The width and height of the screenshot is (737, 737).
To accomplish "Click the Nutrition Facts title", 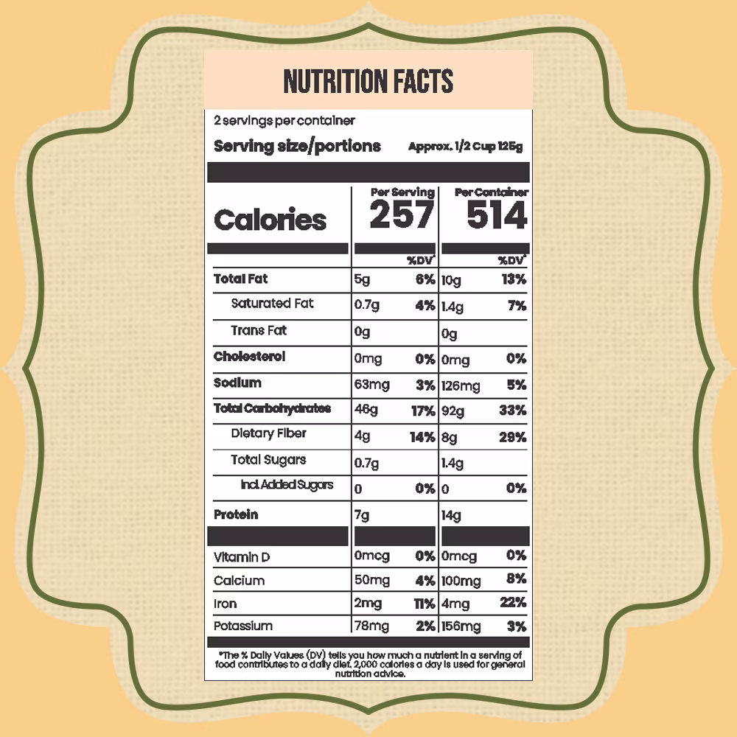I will coord(368,82).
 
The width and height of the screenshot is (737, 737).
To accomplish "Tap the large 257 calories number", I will coord(402,215).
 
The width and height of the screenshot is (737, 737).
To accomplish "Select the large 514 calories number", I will coord(497,215).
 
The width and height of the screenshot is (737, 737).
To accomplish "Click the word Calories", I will coord(270,220).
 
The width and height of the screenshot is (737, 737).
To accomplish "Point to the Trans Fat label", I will coord(259,331).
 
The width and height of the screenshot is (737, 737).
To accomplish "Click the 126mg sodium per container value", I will coord(461,385).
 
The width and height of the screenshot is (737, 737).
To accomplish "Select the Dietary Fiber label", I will coord(268,433).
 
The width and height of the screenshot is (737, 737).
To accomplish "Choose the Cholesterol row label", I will coord(249,357).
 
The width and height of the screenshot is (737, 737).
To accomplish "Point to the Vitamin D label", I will coord(242,558).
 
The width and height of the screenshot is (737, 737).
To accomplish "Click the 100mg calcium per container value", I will coord(461,581).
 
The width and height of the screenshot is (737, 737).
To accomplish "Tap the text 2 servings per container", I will coord(284,120).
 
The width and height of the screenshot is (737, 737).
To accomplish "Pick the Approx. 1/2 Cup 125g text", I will coord(465,147).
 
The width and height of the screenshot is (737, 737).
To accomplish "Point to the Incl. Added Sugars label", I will coord(287,485).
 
